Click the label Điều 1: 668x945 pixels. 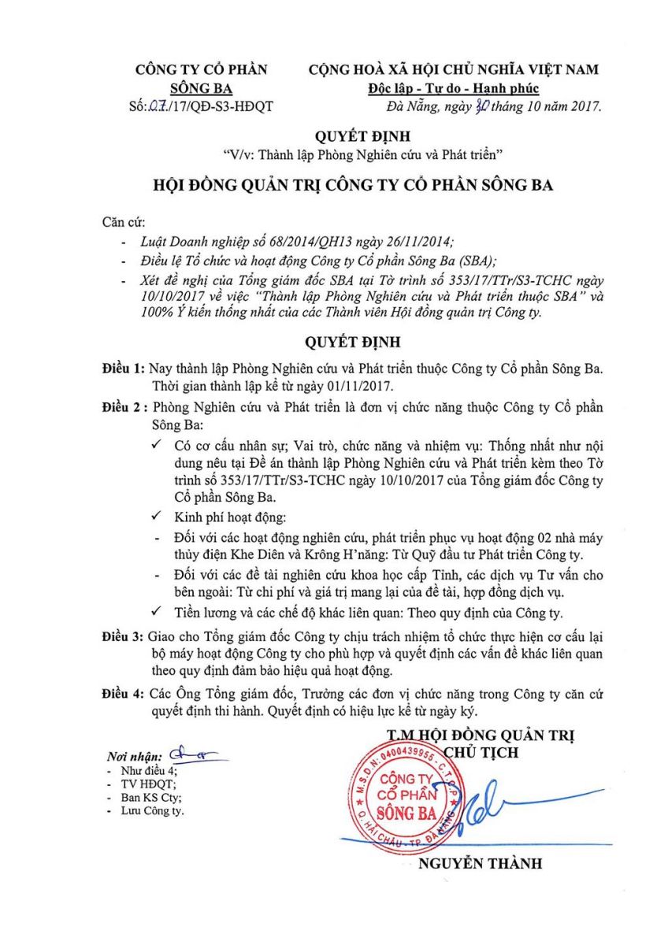(x=124, y=369)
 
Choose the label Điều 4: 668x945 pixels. (x=124, y=692)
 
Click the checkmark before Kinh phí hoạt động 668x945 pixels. (x=161, y=517)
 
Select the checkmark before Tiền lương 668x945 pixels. (x=161, y=613)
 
